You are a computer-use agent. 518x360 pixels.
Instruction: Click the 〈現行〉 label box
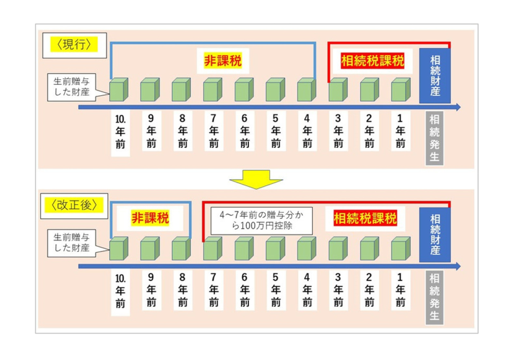point(74,45)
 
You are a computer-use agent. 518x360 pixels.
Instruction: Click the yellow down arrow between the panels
point(256,178)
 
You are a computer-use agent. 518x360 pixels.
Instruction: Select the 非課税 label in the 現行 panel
point(223,61)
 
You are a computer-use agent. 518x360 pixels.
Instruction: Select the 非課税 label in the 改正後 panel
point(150,219)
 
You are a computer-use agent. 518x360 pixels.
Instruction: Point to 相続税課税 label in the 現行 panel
point(373,61)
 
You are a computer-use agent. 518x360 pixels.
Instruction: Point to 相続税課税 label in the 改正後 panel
point(365,219)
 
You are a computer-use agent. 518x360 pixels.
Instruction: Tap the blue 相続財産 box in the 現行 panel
point(435,76)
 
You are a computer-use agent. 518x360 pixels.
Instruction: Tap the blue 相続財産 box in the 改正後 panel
point(435,234)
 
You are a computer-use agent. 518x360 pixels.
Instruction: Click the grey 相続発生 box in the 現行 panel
point(434,138)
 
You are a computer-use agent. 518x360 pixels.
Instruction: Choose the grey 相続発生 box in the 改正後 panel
point(434,297)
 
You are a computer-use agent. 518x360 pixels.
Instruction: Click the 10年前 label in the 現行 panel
point(120,132)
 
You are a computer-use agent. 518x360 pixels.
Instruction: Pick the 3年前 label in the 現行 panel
point(338,131)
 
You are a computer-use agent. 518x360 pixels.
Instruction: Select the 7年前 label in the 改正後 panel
point(213,290)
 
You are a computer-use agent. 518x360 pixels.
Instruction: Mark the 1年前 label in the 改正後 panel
point(401,290)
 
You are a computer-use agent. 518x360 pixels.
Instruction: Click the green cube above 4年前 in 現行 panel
point(307,90)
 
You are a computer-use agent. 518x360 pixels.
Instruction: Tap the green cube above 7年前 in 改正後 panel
point(212,249)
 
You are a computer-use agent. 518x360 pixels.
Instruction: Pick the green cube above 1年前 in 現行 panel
point(400,90)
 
